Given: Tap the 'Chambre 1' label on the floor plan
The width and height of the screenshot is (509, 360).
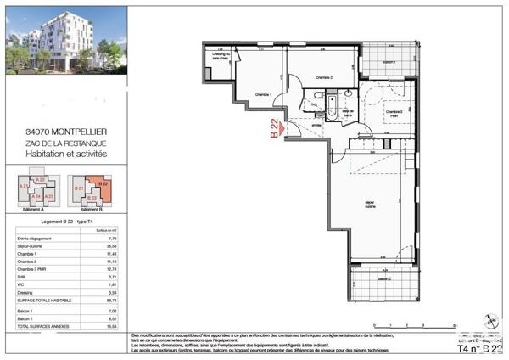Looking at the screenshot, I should tap(262, 94).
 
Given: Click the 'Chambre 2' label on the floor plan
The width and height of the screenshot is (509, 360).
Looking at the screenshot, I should tap(323, 77).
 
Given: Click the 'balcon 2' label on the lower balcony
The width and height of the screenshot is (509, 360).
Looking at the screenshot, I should tap(384, 279).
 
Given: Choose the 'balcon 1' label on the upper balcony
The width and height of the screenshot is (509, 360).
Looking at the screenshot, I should tap(389, 62).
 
